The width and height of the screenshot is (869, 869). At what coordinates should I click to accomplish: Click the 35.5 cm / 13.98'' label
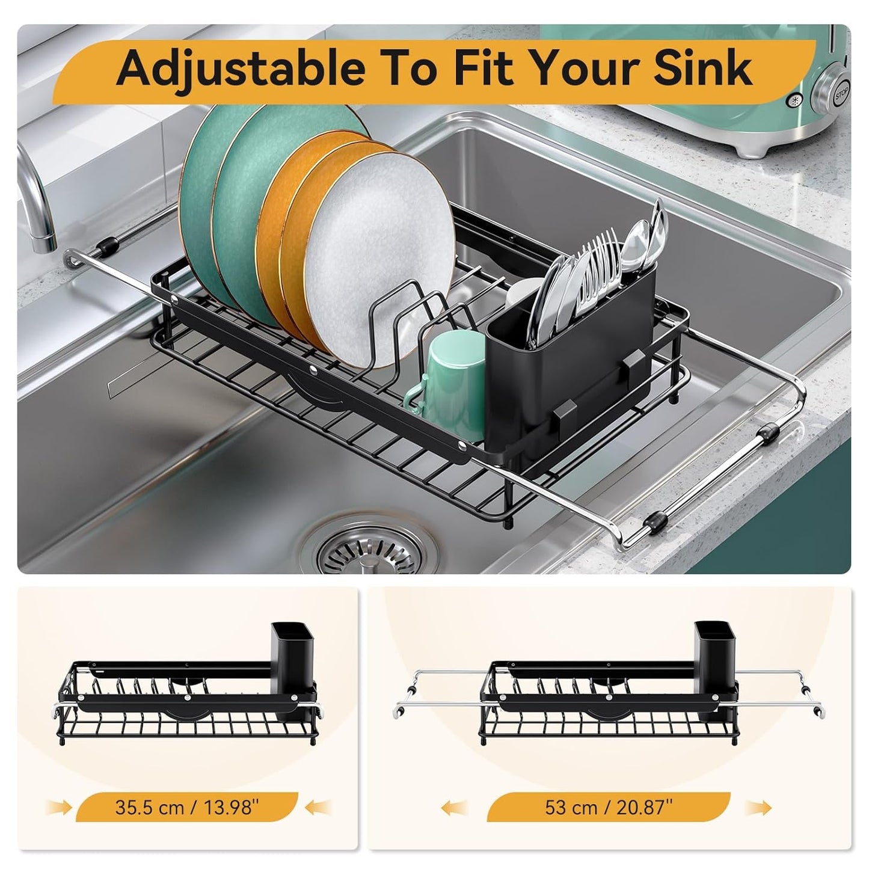(x=187, y=806)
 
